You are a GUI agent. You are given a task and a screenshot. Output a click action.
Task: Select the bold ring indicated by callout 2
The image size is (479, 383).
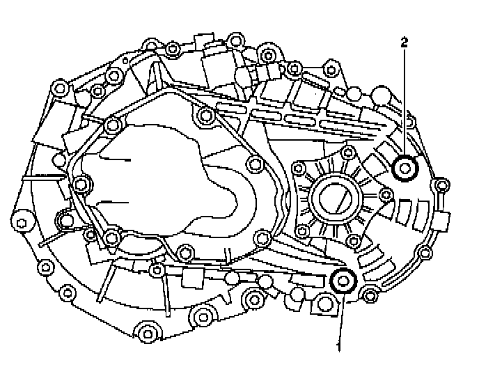pyautogui.click(x=405, y=168)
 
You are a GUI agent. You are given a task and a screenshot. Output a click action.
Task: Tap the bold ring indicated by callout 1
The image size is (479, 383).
pyautogui.click(x=343, y=281)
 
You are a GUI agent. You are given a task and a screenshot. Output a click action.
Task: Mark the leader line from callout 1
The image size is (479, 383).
pyautogui.click(x=342, y=317)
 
